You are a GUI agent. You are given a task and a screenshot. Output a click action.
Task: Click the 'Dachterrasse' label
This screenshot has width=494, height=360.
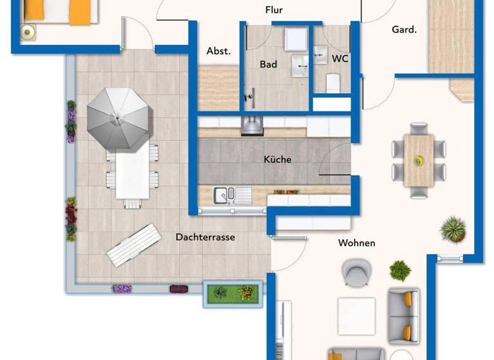[205, 237]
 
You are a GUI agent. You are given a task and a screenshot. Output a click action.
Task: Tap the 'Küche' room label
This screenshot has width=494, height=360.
[277, 159]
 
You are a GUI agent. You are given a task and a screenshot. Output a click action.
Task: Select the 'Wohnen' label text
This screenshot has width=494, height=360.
[356, 243]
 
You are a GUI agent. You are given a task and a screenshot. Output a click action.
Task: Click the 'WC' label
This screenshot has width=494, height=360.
[340, 59]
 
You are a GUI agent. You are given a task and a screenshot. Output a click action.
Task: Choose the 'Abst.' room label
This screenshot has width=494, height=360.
[218, 51]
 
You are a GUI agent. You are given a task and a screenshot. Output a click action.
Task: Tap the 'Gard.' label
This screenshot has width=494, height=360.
[404, 30]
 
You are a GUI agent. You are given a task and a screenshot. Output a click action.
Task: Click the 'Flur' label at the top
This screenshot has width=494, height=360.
[274, 10]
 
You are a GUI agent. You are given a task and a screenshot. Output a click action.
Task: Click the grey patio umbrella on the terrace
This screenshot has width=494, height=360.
[119, 118]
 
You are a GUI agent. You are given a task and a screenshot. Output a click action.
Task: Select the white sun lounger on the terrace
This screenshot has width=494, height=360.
[134, 245]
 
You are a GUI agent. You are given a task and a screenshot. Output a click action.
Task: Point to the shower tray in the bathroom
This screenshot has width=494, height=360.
[297, 39]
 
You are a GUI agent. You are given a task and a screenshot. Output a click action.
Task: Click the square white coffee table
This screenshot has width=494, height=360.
[356, 316]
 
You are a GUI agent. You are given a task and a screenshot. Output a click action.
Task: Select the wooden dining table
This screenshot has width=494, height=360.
[419, 160]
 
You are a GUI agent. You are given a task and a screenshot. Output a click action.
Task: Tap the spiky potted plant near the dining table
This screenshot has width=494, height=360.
[453, 230]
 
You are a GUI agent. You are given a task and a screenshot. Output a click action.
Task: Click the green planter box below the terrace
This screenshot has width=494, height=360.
[232, 293]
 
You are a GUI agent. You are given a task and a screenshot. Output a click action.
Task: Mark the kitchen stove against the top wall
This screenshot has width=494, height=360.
[253, 126]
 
